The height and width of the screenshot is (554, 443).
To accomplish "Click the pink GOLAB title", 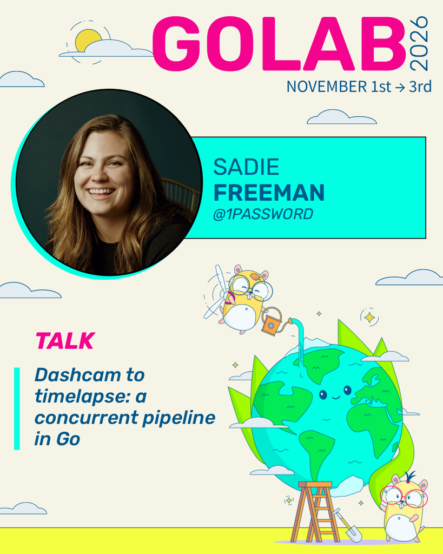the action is pyautogui.click(x=279, y=43).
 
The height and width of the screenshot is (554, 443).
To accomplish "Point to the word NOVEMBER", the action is pyautogui.click(x=327, y=87).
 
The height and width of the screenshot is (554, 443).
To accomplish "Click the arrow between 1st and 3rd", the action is pyautogui.click(x=400, y=87).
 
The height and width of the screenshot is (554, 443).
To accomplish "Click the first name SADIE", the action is pyautogui.click(x=246, y=167).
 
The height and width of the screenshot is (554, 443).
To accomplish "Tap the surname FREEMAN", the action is pyautogui.click(x=269, y=193).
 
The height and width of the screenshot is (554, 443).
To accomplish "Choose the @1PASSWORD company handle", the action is pyautogui.click(x=263, y=214).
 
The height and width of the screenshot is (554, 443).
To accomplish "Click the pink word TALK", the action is pyautogui.click(x=65, y=341).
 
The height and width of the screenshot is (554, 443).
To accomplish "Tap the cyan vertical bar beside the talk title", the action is pyautogui.click(x=17, y=408).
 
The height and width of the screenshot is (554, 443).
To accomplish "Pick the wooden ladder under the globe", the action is pyautogui.click(x=315, y=512).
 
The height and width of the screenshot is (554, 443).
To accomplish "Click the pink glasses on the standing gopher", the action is pyautogui.click(x=404, y=497).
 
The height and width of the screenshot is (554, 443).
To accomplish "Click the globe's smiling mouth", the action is pyautogui.click(x=335, y=397).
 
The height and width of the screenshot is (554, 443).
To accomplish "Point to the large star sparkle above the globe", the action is pyautogui.click(x=369, y=317).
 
